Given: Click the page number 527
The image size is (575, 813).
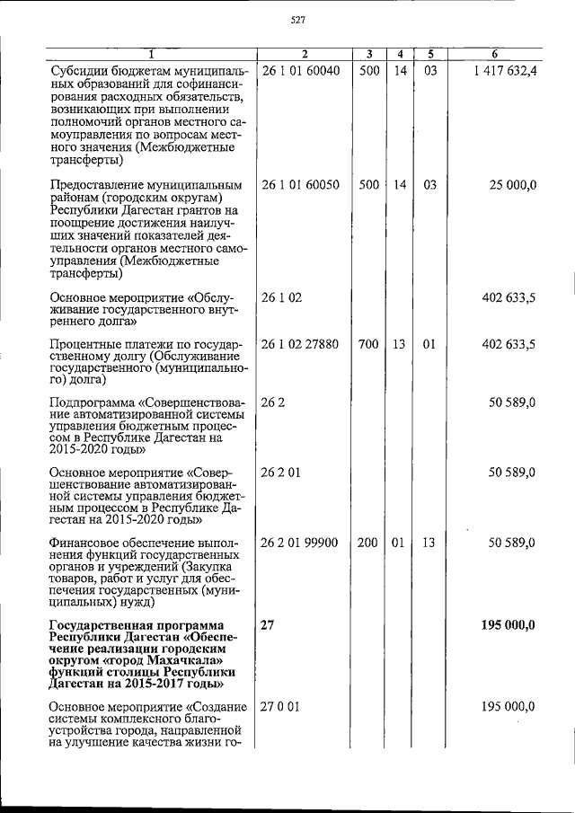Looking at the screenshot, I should pos(298,21).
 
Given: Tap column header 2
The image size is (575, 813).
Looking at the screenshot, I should pos(305,55).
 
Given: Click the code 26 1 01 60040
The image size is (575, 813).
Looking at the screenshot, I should pos(300,71).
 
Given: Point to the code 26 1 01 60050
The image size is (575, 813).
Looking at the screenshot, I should pos(300,185).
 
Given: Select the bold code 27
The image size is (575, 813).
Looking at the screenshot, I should pos(268,625).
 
